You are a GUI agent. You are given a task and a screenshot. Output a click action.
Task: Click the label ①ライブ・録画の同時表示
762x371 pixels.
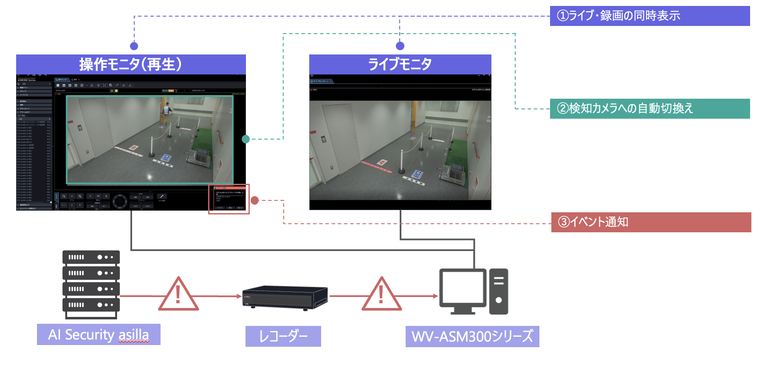649,16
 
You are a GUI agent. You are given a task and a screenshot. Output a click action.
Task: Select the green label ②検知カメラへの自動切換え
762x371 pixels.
649,108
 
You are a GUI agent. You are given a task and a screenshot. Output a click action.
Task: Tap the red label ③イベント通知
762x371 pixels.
651,222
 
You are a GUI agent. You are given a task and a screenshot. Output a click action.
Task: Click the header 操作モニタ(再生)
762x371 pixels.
131,64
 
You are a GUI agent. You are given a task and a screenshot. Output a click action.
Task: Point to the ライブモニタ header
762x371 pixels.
400,64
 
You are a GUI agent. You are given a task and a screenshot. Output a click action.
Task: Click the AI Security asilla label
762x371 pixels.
99,334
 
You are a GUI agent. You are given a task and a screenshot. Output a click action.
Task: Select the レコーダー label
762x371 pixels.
283,336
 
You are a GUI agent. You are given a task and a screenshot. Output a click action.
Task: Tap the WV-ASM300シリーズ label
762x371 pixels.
472,336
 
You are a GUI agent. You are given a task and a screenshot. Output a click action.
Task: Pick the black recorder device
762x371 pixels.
285,297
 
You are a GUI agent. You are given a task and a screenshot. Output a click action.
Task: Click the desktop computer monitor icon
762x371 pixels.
463,291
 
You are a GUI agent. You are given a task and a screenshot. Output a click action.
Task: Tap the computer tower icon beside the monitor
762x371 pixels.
499,291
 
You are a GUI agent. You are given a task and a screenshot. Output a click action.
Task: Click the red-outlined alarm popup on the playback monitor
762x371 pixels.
229,199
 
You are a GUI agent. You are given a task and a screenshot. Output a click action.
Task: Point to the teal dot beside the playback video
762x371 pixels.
246,139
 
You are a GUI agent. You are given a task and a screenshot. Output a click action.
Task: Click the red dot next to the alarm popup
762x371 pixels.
255,200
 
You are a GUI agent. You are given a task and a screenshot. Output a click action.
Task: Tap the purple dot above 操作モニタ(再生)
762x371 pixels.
134,46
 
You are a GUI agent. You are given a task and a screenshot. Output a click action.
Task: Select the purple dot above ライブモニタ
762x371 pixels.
400,46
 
